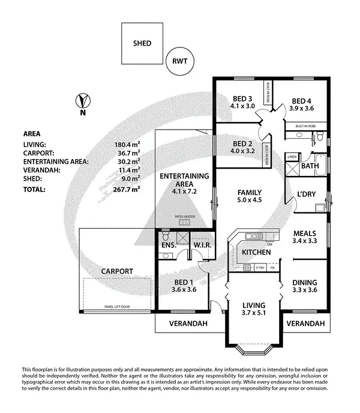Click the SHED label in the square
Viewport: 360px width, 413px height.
coord(142,43)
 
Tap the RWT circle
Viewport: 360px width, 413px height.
coord(179,61)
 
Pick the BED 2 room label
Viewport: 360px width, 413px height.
coord(242,143)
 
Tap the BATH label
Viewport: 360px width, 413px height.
coord(310,166)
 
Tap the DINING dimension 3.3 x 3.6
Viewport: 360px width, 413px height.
coord(304,290)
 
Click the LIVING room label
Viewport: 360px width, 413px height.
coord(248,304)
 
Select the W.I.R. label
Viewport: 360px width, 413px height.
coord(200,246)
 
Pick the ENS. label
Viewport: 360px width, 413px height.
coord(168,246)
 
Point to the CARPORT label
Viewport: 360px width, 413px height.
coord(117,271)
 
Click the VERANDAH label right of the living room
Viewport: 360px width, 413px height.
coord(305,324)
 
